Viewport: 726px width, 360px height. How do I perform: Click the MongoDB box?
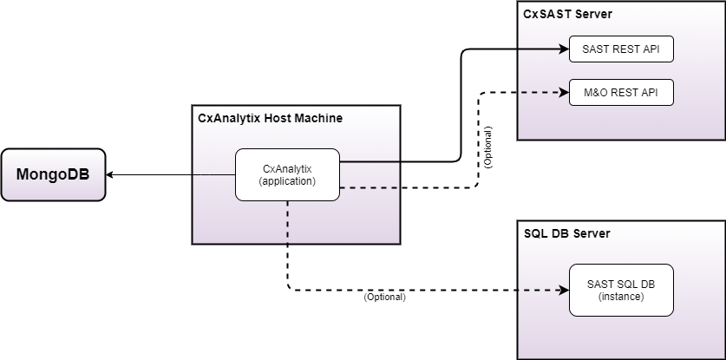click(x=53, y=175)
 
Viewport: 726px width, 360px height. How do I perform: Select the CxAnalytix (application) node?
click(x=288, y=174)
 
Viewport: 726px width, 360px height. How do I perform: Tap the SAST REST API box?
click(x=621, y=49)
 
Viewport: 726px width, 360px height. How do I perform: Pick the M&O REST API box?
click(x=621, y=92)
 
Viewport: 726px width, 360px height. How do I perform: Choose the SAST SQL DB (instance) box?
click(x=621, y=290)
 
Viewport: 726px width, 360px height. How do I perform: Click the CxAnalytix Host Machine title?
click(x=271, y=117)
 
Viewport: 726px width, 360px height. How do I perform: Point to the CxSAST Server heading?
click(x=567, y=14)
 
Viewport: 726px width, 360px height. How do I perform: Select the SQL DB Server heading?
click(x=567, y=233)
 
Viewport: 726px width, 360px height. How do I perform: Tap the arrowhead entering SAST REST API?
click(x=564, y=49)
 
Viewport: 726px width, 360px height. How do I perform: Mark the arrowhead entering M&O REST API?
click(x=564, y=92)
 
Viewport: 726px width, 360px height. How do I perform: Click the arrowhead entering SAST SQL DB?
click(x=564, y=290)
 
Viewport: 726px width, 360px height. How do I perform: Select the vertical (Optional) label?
click(x=488, y=147)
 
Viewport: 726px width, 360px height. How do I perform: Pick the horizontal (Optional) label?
click(x=384, y=298)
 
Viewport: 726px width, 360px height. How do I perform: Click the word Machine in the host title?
click(x=318, y=117)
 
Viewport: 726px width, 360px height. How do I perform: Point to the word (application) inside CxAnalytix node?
click(x=288, y=181)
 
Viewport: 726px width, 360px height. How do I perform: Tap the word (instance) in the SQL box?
click(x=621, y=297)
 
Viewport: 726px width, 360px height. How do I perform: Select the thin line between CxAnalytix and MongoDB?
click(x=173, y=175)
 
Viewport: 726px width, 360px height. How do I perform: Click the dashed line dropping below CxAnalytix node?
click(x=288, y=247)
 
